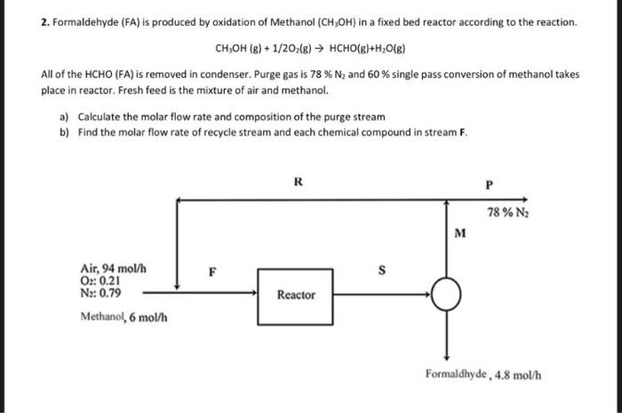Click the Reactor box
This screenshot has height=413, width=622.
[296, 293]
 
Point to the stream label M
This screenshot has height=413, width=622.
[459, 234]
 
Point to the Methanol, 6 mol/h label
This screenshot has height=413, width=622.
[124, 315]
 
